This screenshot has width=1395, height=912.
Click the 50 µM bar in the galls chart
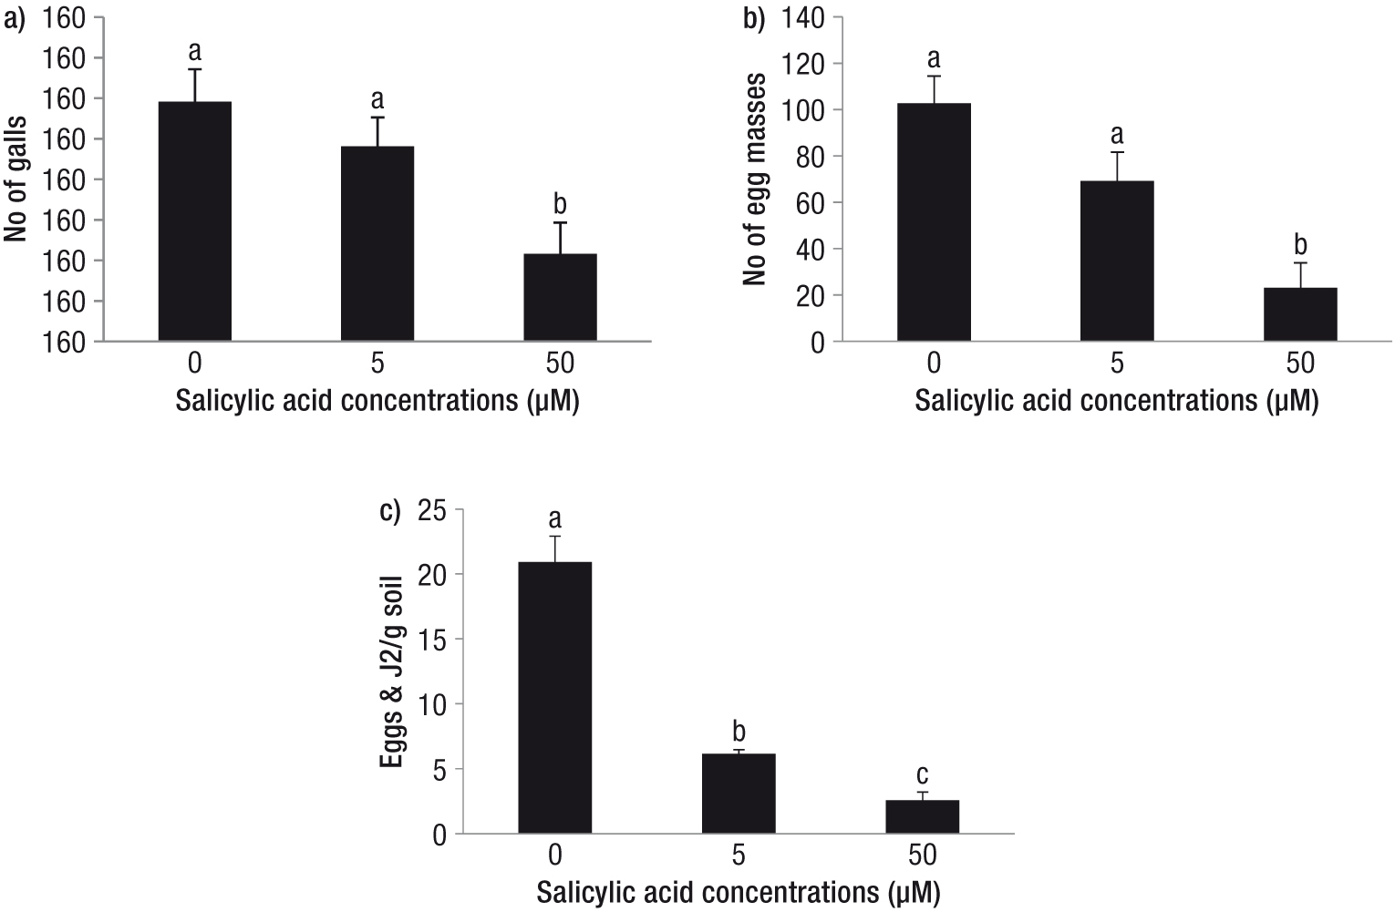560,297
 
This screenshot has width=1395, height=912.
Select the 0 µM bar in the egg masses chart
934,222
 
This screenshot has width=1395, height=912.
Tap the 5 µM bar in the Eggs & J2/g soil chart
739,794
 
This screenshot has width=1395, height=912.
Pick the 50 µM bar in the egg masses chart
1300,314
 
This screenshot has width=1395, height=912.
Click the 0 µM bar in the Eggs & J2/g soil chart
555,697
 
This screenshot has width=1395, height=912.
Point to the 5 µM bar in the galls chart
377,244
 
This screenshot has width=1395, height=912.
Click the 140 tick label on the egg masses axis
802,18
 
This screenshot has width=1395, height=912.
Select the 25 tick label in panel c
433,511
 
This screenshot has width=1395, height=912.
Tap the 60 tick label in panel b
811,203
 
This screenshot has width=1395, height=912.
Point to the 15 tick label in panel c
433,640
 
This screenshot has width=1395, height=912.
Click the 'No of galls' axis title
15,179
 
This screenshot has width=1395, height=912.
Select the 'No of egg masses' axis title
754,179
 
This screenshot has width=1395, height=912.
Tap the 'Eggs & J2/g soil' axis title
392,671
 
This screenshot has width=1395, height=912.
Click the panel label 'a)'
15,20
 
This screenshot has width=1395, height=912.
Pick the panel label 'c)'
390,512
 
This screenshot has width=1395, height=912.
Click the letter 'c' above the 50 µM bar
923,775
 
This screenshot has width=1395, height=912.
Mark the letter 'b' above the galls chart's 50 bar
560,203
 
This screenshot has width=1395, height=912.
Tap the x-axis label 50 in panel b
1300,364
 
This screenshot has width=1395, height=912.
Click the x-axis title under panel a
377,401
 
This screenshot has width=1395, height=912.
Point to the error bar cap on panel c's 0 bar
555,537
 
